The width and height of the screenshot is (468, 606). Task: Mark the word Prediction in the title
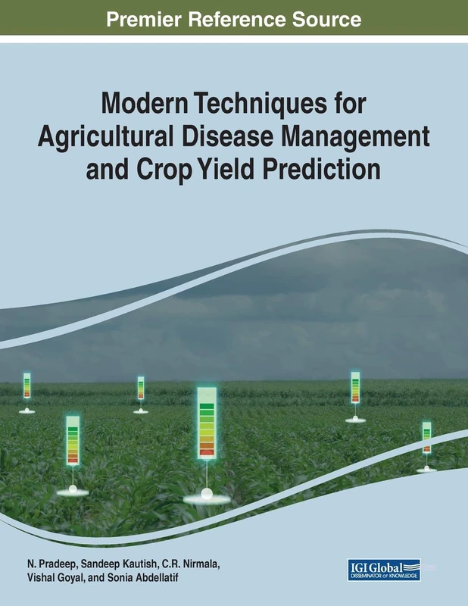pos(323,169)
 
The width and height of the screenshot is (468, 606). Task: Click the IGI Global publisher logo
pos(384,570)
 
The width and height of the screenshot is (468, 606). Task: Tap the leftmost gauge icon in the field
pos(27,386)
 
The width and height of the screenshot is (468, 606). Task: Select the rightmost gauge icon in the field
pos(426,438)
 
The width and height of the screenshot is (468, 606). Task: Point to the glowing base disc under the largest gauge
pos(207,496)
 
